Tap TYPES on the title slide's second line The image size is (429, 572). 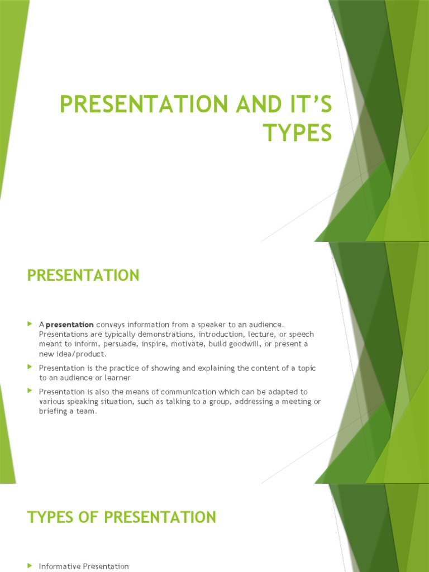click(x=297, y=134)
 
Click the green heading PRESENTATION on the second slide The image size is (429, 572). click(x=83, y=275)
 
